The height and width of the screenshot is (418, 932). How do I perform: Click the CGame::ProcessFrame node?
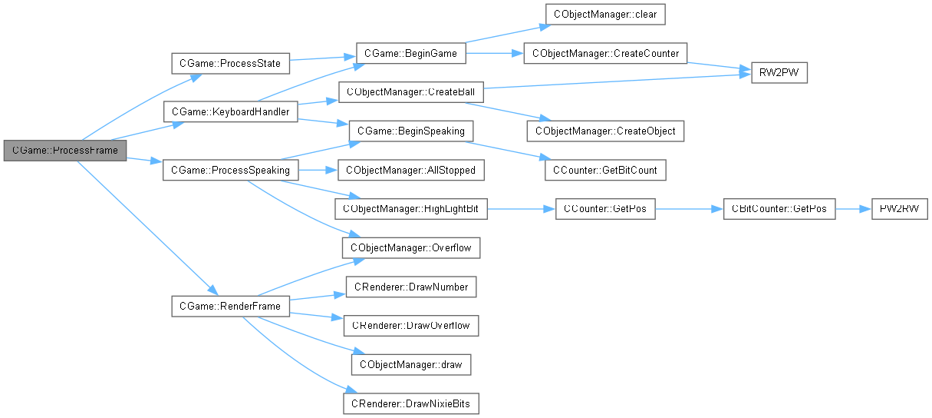[64, 151]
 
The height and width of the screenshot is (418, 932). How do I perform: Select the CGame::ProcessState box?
[229, 63]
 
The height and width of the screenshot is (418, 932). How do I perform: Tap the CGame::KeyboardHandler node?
[230, 112]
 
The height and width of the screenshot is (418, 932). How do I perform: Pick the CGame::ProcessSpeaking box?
[230, 170]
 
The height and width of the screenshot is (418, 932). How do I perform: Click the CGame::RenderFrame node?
[229, 307]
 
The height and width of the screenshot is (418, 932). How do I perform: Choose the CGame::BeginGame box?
[410, 54]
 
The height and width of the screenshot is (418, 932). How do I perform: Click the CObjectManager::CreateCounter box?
[605, 53]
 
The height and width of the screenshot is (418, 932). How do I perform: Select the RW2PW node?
[773, 73]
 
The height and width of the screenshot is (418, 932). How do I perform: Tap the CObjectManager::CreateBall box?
[410, 92]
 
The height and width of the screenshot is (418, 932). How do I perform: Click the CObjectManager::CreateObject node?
[604, 131]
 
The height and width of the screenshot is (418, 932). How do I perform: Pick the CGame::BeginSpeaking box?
[410, 131]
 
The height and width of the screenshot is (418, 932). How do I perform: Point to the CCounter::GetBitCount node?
[604, 170]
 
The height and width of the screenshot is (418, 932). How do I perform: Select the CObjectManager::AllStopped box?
[410, 170]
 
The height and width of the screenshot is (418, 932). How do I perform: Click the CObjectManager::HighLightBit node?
[410, 209]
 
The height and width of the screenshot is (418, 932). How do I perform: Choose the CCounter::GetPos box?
[605, 209]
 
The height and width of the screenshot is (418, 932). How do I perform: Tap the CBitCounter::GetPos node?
[779, 209]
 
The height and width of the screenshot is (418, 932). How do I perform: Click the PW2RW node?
[899, 209]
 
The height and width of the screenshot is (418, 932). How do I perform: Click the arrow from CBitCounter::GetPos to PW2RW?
[852, 209]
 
